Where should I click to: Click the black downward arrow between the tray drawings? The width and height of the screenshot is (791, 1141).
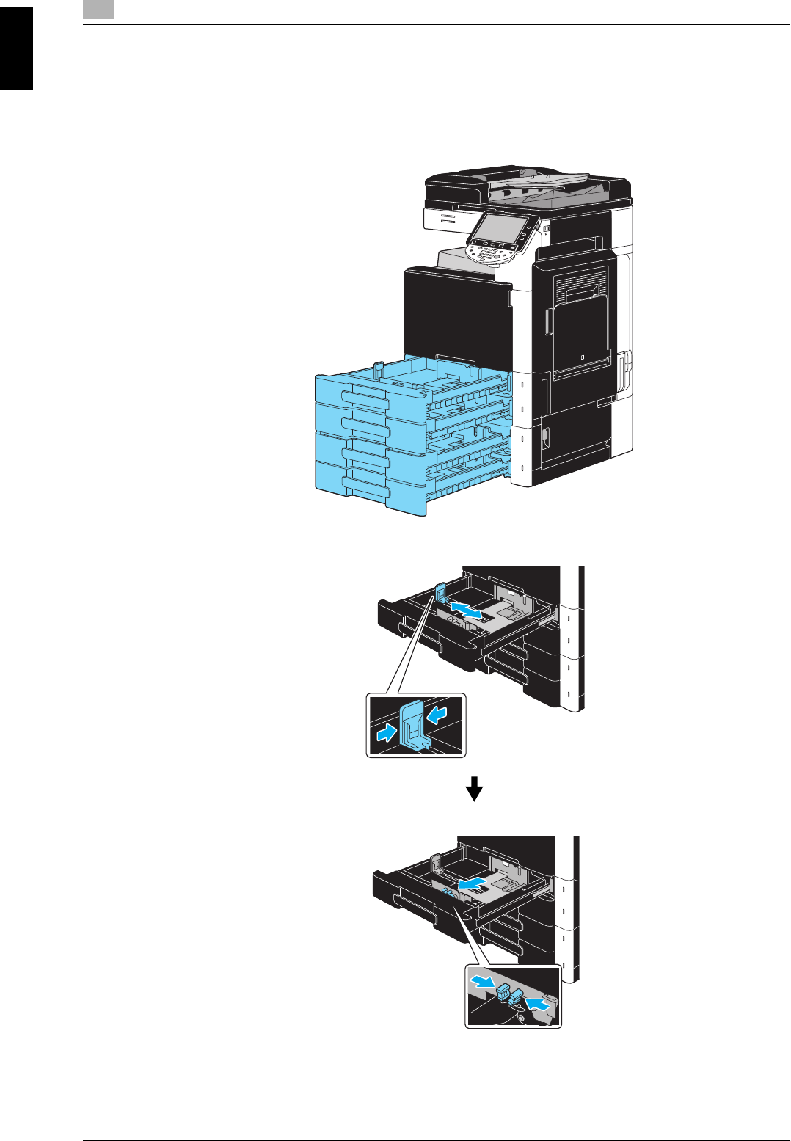[x=475, y=789]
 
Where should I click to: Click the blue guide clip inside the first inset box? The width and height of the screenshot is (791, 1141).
[x=412, y=724]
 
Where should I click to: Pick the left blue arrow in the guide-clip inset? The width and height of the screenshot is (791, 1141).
[x=384, y=732]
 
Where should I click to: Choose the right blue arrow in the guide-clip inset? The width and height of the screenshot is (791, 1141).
[x=437, y=713]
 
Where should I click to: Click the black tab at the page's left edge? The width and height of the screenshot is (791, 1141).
[x=16, y=48]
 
